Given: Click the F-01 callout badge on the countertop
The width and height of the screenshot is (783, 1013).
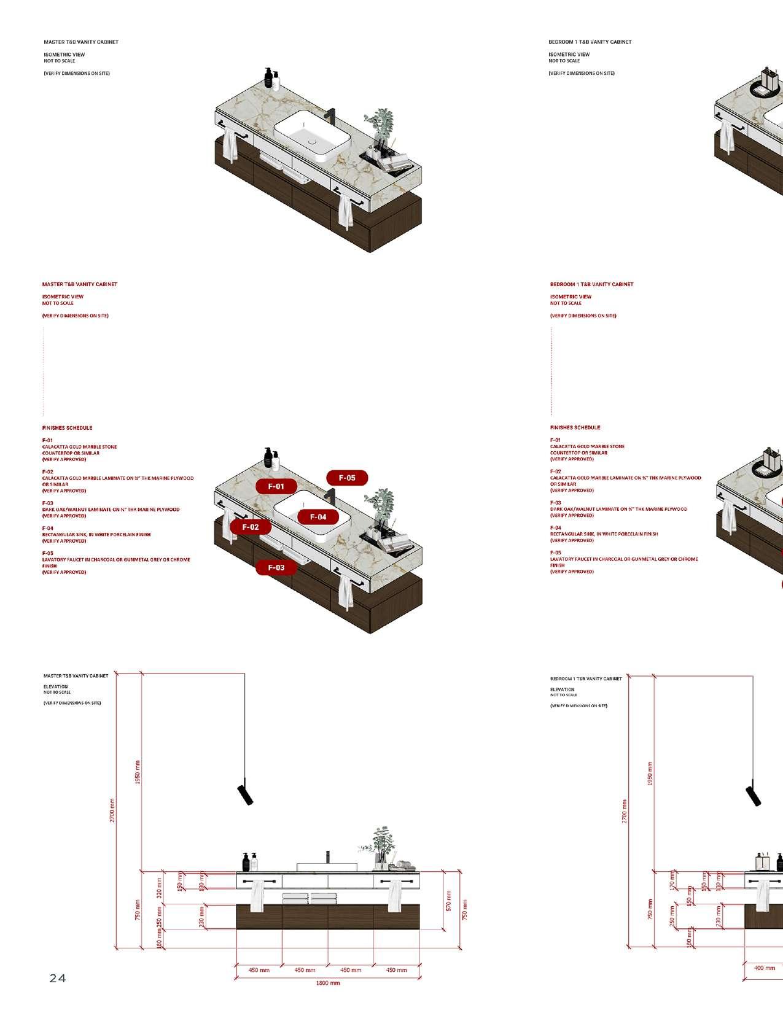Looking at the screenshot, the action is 276,486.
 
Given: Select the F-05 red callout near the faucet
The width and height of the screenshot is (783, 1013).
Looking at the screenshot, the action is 347,478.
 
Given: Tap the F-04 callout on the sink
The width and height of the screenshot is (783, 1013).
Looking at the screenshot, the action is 318,517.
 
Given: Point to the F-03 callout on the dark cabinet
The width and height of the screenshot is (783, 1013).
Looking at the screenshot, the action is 276,568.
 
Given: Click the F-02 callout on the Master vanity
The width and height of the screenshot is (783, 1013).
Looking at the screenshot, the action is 251,527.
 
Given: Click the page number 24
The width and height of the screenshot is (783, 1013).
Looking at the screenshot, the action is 58,979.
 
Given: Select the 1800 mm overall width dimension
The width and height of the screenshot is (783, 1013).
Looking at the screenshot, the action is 328,983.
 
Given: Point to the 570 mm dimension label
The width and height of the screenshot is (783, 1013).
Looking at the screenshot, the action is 449,900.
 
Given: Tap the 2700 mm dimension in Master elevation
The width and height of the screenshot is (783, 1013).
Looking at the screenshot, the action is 113,810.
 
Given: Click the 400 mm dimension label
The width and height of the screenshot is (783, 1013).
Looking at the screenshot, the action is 765,968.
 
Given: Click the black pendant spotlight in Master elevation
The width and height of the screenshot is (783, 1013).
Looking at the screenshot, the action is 245,794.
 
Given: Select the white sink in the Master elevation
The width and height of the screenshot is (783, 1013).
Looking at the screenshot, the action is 327,867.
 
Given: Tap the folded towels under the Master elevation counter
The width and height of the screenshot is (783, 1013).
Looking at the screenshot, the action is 305,898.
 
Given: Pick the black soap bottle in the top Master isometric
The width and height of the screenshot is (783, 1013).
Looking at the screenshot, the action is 268,78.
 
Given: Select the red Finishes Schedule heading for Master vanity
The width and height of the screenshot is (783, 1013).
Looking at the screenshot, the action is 67,428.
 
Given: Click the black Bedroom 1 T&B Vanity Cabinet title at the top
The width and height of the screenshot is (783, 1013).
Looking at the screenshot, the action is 590,42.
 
